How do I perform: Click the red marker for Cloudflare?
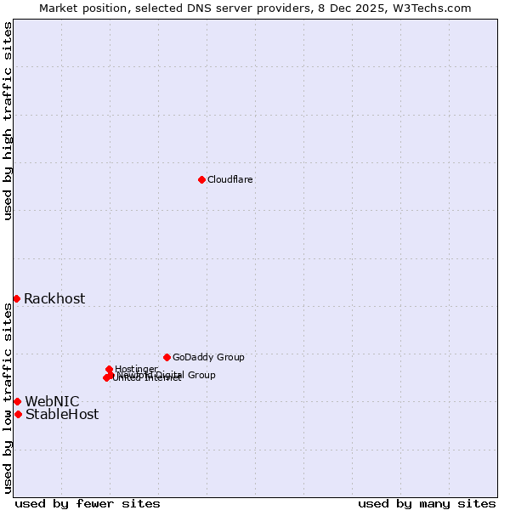(x=201, y=179)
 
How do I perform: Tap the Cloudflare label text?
(x=229, y=179)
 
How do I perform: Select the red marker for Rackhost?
(x=16, y=298)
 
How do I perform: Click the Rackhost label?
(x=54, y=298)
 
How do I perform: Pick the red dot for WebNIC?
(x=17, y=401)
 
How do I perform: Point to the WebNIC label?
(x=52, y=401)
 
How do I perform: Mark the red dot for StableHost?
(x=18, y=414)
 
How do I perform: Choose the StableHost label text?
(x=62, y=415)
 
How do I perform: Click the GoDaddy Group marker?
(x=167, y=357)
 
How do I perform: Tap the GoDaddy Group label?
(x=208, y=357)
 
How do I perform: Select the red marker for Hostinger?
(x=110, y=369)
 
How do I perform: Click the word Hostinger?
(x=136, y=369)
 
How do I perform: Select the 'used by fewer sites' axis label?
(x=88, y=503)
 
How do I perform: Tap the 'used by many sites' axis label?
(x=427, y=503)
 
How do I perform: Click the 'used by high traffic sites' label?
(x=8, y=121)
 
